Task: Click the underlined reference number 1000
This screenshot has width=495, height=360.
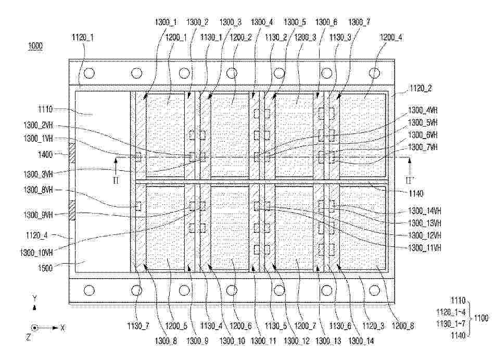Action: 35,46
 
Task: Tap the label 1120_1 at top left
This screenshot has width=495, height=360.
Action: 83,38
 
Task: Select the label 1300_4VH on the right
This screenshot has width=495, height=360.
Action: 423,110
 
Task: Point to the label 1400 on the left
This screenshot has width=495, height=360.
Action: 45,155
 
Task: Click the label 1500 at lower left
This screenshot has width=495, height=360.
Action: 45,268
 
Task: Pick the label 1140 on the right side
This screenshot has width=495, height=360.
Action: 416,193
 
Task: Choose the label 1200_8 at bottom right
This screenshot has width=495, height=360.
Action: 403,326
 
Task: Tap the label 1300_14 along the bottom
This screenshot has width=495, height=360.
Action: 361,341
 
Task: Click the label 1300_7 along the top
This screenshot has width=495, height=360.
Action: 359,22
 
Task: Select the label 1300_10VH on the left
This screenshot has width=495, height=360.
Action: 36,253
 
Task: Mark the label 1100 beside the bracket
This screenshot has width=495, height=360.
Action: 481,318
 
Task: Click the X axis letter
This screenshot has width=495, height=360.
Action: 62,328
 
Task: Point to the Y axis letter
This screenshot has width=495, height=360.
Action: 35,297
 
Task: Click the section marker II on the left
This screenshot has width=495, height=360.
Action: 116,180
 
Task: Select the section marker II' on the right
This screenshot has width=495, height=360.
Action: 410,180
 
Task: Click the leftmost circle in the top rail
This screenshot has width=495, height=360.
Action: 90,73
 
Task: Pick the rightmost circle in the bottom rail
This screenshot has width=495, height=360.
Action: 374,290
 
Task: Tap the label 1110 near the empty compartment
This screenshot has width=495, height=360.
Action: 45,109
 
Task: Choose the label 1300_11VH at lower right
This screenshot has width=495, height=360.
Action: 424,247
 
